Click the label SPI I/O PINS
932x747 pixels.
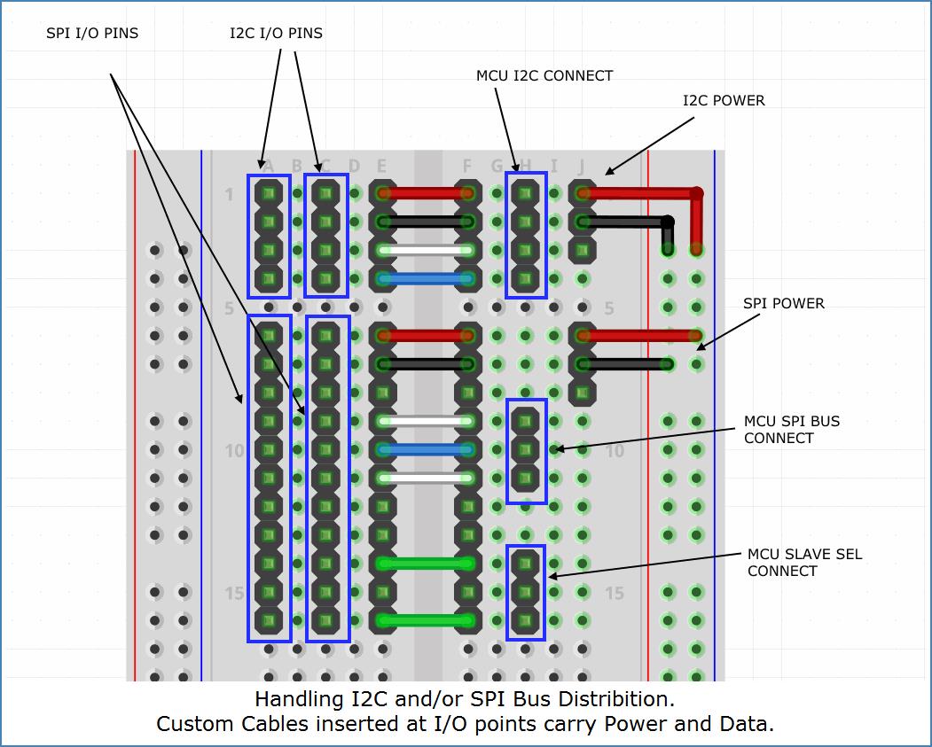pyautogui.click(x=92, y=34)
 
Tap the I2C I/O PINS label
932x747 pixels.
pyautogui.click(x=276, y=34)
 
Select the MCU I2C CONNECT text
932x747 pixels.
pyautogui.click(x=544, y=76)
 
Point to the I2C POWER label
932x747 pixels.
pyautogui.click(x=724, y=101)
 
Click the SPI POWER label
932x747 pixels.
pyautogui.click(x=784, y=304)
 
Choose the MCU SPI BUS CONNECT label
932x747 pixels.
pyautogui.click(x=792, y=430)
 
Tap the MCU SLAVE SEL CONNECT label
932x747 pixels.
pyautogui.click(x=804, y=563)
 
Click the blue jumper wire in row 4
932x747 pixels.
pyautogui.click(x=426, y=279)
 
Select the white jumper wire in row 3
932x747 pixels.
pyautogui.click(x=426, y=251)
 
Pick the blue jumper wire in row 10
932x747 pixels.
pyautogui.click(x=426, y=450)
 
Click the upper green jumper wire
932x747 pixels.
pyautogui.click(x=426, y=564)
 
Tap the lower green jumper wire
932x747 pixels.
pyautogui.click(x=426, y=620)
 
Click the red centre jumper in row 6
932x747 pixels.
pyautogui.click(x=426, y=336)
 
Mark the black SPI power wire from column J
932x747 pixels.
pyautogui.click(x=626, y=364)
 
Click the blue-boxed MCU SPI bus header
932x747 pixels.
pyautogui.click(x=526, y=450)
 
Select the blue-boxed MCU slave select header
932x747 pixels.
pyautogui.click(x=526, y=592)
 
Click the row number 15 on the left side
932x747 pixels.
pyautogui.click(x=234, y=593)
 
